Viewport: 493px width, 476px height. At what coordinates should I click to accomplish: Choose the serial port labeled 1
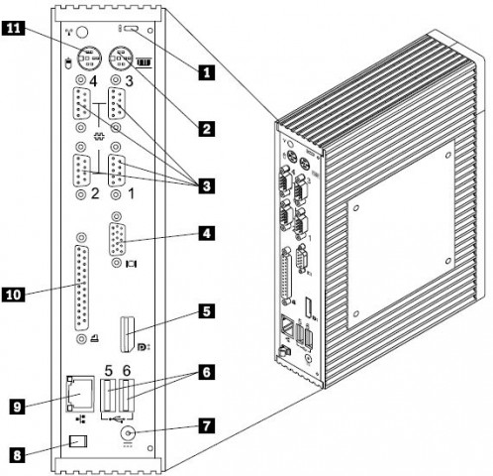click(x=116, y=171)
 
